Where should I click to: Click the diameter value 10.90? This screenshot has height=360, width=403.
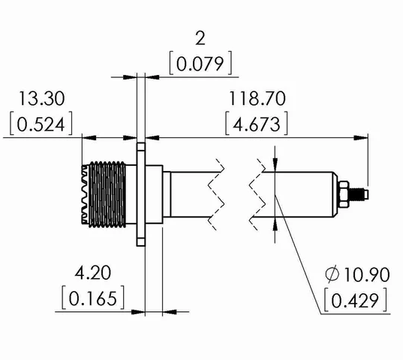pyautogui.click(x=363, y=274)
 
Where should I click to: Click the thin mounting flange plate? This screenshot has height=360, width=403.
pyautogui.click(x=141, y=193)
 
